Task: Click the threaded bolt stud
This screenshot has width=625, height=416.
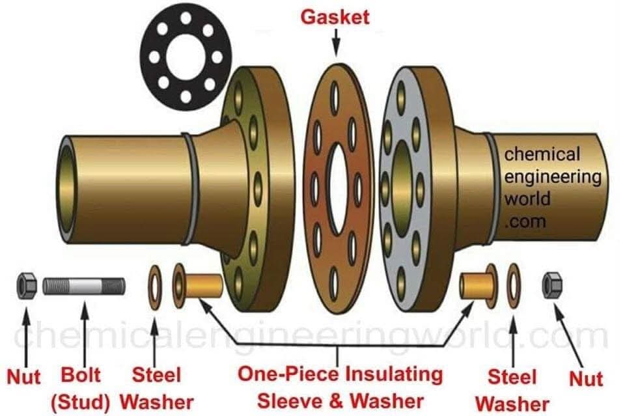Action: pyautogui.click(x=85, y=286)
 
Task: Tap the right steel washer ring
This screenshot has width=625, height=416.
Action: pyautogui.click(x=514, y=285)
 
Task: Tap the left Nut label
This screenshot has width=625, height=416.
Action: pyautogui.click(x=23, y=377)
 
